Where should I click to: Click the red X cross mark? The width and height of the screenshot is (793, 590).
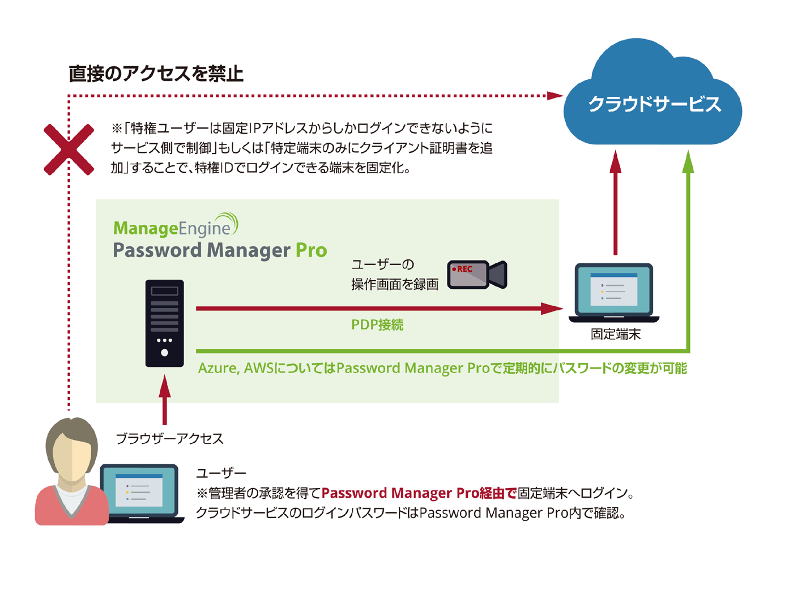69,149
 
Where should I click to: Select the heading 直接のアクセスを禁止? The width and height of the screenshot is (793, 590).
156,74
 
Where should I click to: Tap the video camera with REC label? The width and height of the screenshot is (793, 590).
476,275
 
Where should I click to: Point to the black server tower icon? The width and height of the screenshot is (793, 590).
164,323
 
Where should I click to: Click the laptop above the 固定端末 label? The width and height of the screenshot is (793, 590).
614,292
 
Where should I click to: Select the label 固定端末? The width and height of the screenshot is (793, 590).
615,334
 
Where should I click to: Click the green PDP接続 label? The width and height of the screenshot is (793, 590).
377,325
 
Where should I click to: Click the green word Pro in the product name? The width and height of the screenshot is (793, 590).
312,250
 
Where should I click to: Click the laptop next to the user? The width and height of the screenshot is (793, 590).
140,493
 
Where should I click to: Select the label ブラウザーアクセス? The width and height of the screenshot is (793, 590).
169,439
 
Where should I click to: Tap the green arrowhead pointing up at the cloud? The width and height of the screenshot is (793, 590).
688,161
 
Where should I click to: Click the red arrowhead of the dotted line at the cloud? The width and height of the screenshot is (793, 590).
555,96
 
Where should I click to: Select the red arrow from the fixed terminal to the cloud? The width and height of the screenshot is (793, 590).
616,204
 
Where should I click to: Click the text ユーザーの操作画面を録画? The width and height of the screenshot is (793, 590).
395,275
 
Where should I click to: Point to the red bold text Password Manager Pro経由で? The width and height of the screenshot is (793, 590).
419,493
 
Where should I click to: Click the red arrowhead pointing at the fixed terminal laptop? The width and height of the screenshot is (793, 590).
552,309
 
